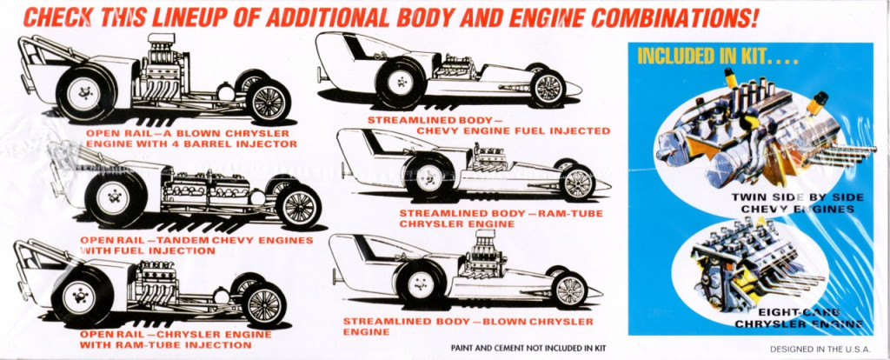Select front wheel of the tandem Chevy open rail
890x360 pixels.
[x=298, y=206]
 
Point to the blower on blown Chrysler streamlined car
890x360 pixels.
[x=482, y=245]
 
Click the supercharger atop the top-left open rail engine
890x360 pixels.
[x=162, y=49]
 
